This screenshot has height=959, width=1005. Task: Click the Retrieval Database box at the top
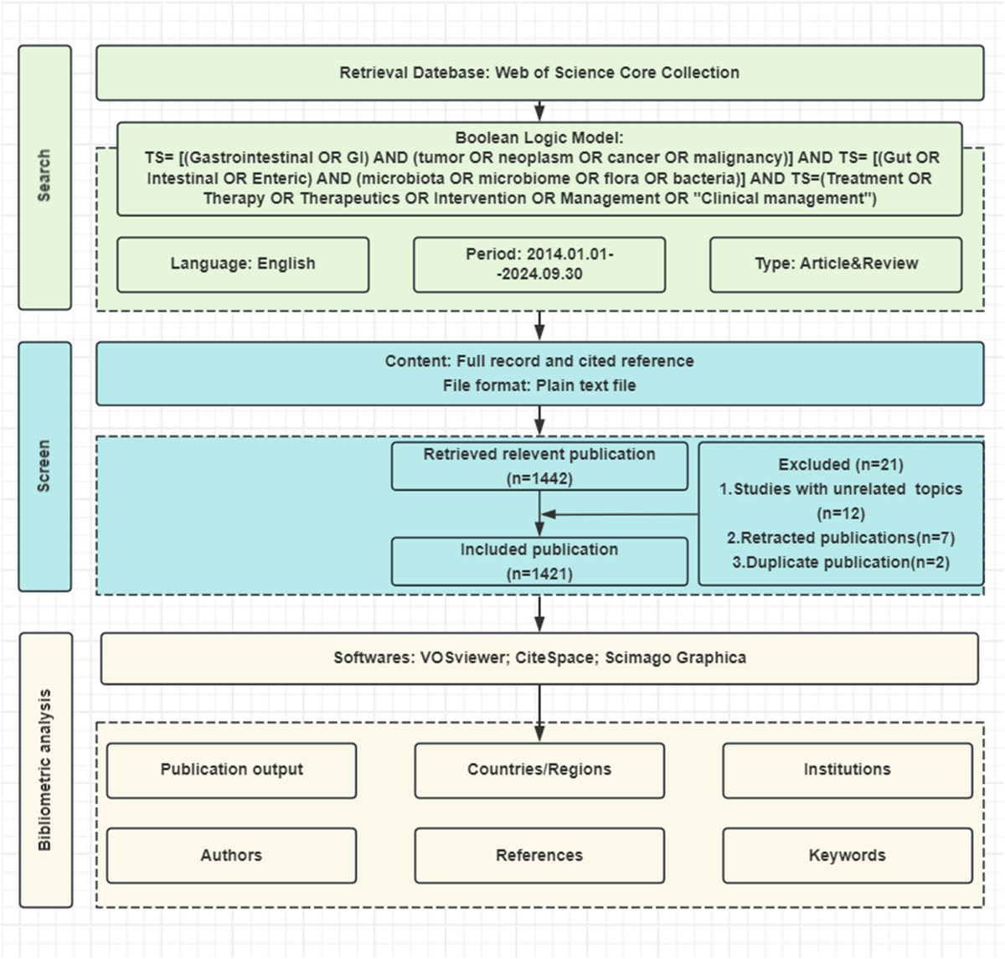[x=539, y=73]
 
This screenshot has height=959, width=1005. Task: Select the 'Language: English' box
[x=243, y=264]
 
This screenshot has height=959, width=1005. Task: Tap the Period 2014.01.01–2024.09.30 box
[x=539, y=264]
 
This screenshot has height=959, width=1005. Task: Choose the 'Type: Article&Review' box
[x=836, y=264]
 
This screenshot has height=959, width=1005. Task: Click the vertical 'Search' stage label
[x=44, y=176]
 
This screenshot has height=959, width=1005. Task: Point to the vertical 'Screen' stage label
[x=44, y=466]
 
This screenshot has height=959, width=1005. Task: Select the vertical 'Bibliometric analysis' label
[x=45, y=770]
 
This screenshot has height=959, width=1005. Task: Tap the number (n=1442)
[x=539, y=479]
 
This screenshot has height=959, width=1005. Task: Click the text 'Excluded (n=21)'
[x=841, y=465]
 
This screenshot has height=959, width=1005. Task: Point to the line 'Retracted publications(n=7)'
[x=841, y=538]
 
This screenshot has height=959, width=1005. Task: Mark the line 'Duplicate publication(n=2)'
[x=841, y=562]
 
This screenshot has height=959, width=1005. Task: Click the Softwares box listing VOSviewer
[x=539, y=658]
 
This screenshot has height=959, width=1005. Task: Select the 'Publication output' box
[x=232, y=770]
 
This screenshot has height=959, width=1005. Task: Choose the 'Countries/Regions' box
[x=539, y=770]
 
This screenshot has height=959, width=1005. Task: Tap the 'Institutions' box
[x=847, y=770]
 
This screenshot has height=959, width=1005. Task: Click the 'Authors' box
[x=232, y=855]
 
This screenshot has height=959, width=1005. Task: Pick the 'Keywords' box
[x=847, y=855]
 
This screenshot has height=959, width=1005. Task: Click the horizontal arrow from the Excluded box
[x=620, y=514]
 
